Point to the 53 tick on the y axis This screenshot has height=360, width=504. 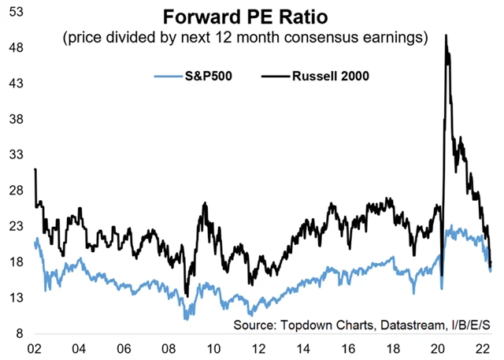13,12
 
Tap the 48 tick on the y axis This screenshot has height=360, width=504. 13,48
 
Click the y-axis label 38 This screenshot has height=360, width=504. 13,120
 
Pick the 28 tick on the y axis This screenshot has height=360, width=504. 13,191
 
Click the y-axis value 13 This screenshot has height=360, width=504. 13,298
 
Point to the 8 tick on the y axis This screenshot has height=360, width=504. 17,333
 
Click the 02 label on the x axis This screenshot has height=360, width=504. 35,349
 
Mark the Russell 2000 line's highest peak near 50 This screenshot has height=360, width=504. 447,35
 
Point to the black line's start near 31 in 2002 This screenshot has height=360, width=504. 35,169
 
